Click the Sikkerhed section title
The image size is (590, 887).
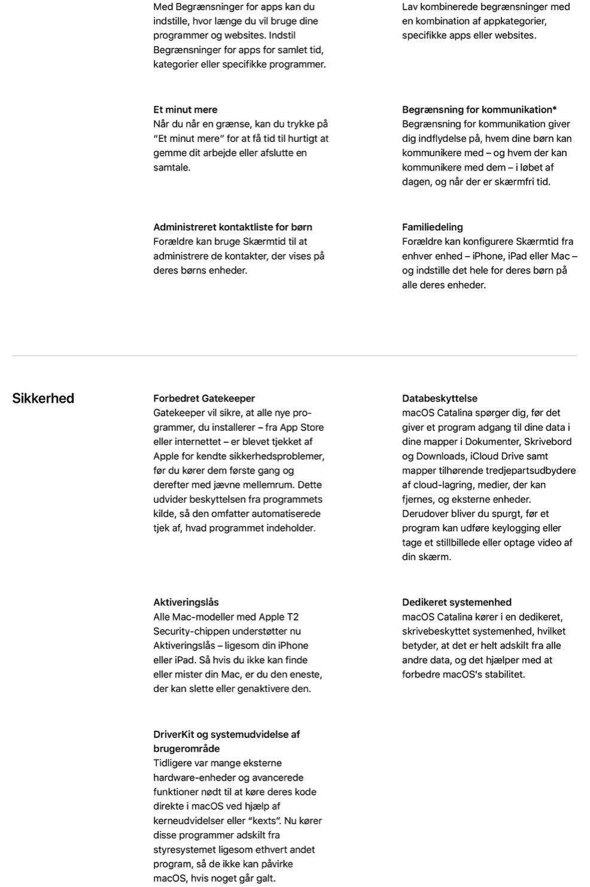[43, 399]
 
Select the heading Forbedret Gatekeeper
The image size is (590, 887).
[204, 399]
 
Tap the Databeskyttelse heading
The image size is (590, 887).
[439, 399]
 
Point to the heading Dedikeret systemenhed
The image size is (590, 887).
[457, 603]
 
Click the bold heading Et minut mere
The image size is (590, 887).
[185, 110]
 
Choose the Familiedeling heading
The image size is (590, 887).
[432, 227]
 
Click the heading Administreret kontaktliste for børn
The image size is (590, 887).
[232, 227]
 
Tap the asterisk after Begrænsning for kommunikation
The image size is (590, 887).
[555, 109]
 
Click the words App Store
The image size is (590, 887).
[302, 427]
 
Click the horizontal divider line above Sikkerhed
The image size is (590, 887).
[294, 356]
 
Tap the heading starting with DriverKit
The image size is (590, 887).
[226, 741]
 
